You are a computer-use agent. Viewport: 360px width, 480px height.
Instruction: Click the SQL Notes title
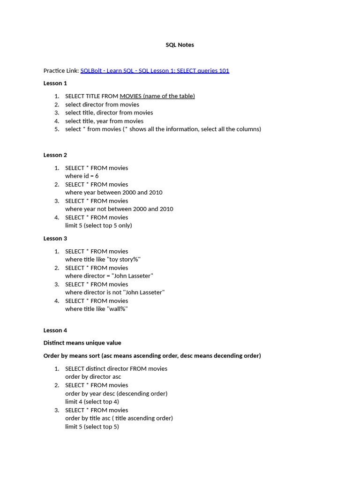point(180,45)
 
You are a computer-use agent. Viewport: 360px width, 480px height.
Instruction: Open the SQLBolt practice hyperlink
point(155,71)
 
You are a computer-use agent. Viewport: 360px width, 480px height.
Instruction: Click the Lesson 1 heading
point(55,83)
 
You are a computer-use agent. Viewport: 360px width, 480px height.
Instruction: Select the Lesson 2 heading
point(55,155)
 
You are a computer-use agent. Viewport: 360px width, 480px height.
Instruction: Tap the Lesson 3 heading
point(55,239)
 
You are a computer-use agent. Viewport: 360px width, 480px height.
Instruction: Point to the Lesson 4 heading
point(55,330)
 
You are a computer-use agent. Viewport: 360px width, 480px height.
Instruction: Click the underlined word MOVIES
point(130,96)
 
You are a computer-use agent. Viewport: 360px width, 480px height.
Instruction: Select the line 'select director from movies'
point(102,105)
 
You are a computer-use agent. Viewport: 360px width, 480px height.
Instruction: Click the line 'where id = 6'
point(82,176)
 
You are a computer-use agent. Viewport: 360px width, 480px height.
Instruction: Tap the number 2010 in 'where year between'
point(155,193)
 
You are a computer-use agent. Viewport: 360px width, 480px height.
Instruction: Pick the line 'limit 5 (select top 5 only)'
point(98,225)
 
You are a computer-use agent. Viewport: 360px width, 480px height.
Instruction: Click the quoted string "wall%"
point(118,309)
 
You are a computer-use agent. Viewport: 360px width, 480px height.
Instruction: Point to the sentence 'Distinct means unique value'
point(82,343)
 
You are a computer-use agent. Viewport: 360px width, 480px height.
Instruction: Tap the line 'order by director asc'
point(93,377)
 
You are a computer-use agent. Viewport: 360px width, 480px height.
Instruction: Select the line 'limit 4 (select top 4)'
point(92,402)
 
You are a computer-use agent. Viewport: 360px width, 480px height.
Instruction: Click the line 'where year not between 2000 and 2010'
point(119,209)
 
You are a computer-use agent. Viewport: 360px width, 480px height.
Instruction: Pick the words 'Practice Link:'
point(61,71)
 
